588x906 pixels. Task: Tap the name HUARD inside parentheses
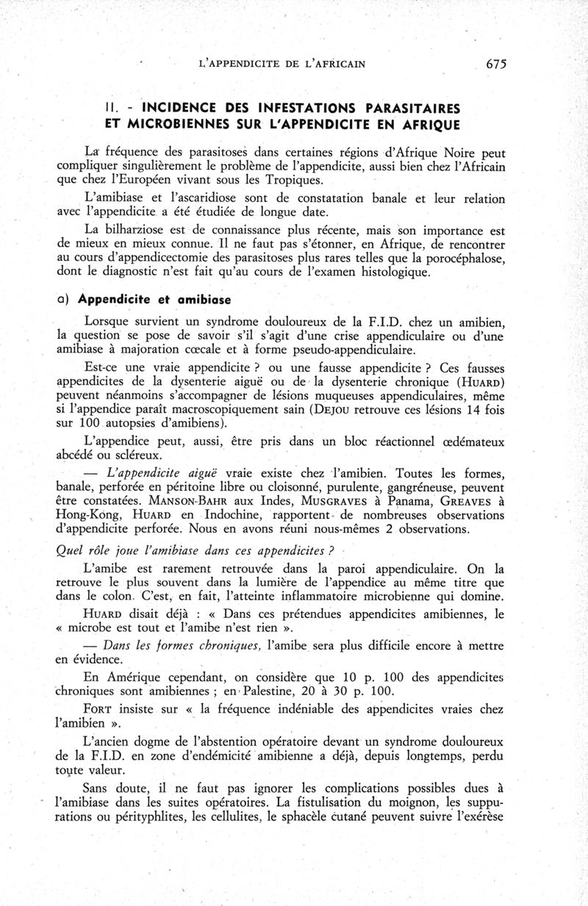click(482, 383)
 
